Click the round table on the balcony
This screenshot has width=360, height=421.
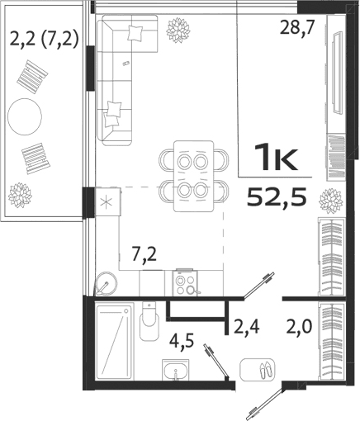pyautogui.click(x=26, y=117)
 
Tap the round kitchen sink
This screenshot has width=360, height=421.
pyautogui.click(x=104, y=285)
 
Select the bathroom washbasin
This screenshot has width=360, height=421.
pyautogui.click(x=174, y=372)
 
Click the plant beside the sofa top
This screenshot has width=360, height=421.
pyautogui.click(x=177, y=31)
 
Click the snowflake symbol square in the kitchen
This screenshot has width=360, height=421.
pyautogui.click(x=106, y=200)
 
